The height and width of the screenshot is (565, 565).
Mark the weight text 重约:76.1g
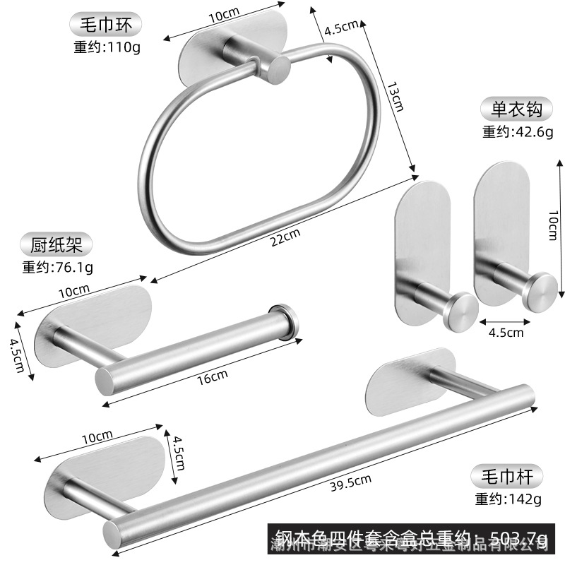pyautogui.click(x=57, y=267)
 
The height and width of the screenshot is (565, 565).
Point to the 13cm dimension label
pyautogui.click(x=395, y=97)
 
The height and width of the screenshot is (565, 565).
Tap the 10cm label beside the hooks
pyautogui.click(x=552, y=229)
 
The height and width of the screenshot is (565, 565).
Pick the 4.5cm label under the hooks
pyautogui.click(x=506, y=332)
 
